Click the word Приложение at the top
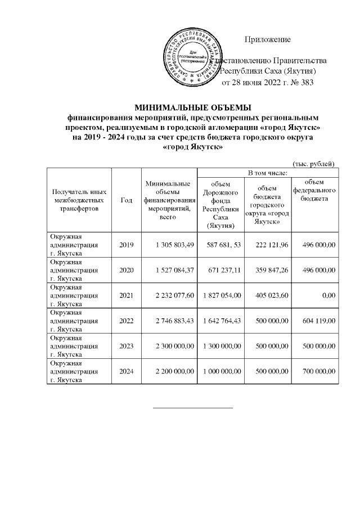tap(268, 39)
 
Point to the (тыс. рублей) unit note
tap(314, 163)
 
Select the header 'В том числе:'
tap(268, 172)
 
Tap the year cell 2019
tap(127, 245)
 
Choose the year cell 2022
tap(127, 320)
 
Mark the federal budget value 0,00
tap(329, 295)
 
